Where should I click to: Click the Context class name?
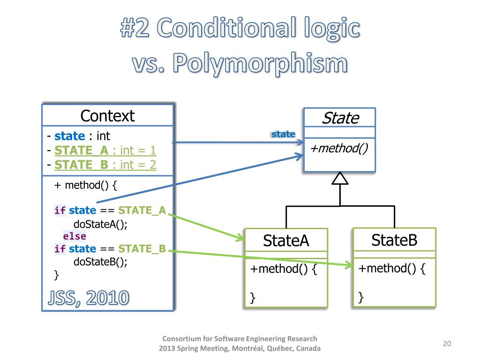107,116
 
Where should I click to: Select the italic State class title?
340,118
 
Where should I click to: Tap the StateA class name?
286,241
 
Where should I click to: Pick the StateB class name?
394,240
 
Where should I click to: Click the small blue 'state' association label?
284,135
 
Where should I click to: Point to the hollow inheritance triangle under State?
340,179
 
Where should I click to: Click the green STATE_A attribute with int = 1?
105,150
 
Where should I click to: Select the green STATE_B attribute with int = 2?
105,165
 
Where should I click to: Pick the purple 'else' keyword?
75,236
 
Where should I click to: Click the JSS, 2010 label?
88,297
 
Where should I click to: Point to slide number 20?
447,344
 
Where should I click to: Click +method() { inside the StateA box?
284,269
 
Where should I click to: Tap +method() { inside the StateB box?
392,269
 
